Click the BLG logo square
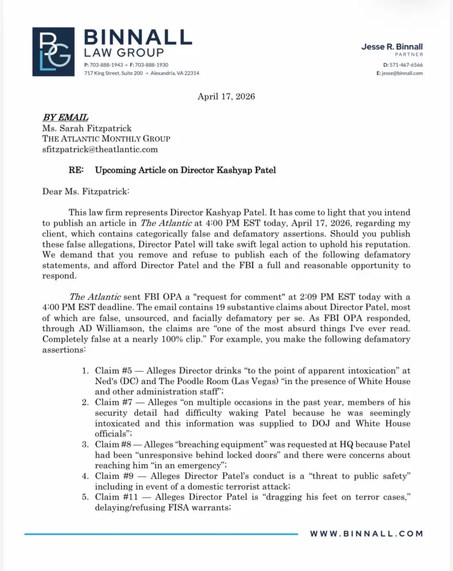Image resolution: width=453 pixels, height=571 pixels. coord(53,51)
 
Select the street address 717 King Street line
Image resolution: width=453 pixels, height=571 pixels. coord(141,73)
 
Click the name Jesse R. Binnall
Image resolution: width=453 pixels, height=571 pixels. coord(392,47)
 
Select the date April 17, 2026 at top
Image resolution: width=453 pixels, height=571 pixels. coord(226,97)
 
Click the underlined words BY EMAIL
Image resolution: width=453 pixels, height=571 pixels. coord(65,117)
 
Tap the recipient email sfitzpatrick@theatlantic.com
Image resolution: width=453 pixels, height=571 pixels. coord(100,149)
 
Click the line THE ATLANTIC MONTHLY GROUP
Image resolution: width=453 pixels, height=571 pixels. coord(106,138)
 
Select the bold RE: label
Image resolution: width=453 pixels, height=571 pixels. coord(76,170)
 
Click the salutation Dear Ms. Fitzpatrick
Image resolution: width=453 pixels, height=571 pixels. coord(85,191)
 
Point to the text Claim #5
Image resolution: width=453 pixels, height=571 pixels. coord(114,371)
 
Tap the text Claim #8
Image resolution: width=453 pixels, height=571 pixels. coord(114,445)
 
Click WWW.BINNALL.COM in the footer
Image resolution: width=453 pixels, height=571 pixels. coord(367,534)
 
